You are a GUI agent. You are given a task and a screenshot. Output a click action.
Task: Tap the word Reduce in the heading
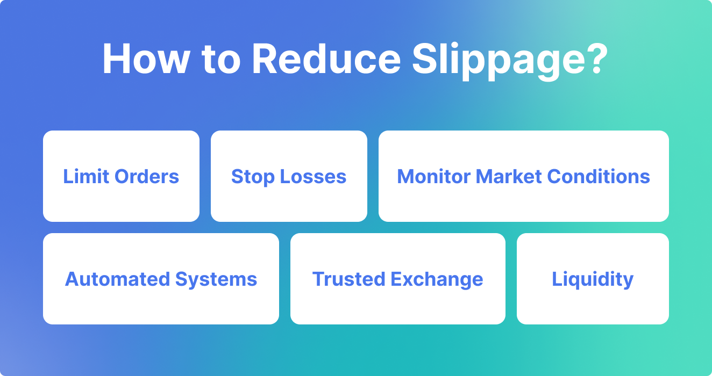coord(326,59)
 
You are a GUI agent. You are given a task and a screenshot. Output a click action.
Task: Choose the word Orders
coord(147,176)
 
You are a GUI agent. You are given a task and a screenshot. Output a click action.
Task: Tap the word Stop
coord(253,177)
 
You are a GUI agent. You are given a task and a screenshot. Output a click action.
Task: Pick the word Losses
coord(313,176)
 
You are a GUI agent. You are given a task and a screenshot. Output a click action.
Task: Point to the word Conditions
coord(599,176)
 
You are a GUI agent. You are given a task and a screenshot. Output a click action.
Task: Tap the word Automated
coord(117,279)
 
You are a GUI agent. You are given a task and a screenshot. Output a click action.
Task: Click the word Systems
coord(216,280)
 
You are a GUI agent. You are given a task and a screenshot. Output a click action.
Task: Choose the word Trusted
coord(348,279)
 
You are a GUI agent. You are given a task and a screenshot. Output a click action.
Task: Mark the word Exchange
coord(437,280)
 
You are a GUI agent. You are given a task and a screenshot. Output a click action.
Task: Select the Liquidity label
coord(593,280)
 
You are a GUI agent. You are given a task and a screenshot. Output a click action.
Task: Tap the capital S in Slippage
coord(425,59)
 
